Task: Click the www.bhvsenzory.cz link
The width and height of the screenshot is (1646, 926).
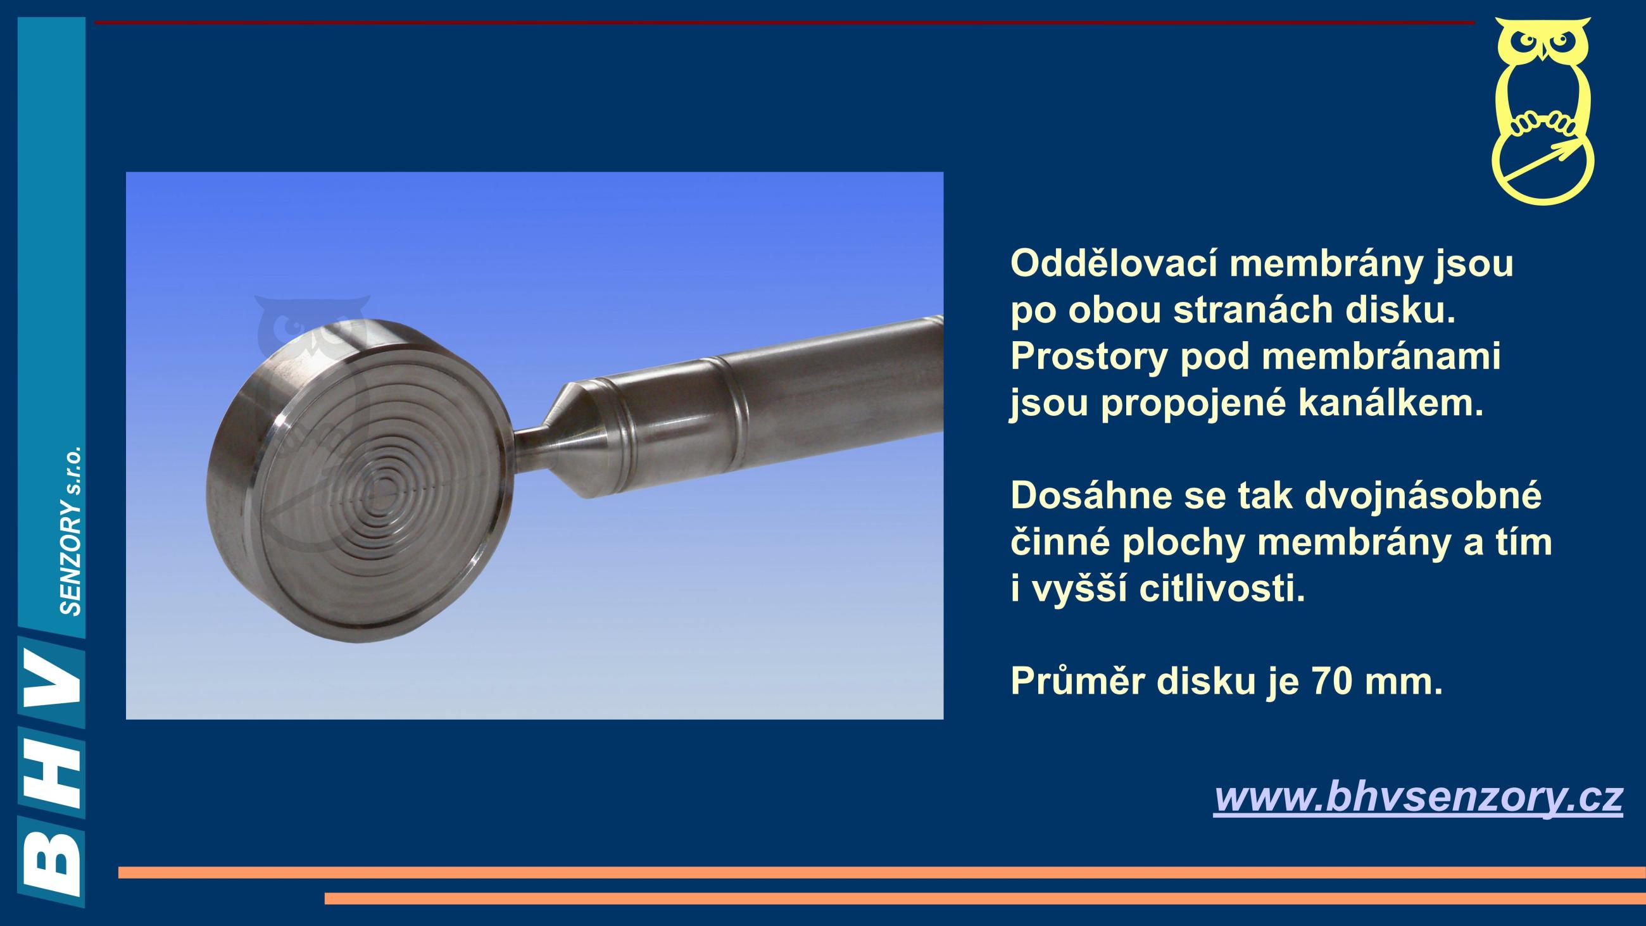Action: click(1418, 798)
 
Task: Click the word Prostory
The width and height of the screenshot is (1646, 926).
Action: click(1089, 358)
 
